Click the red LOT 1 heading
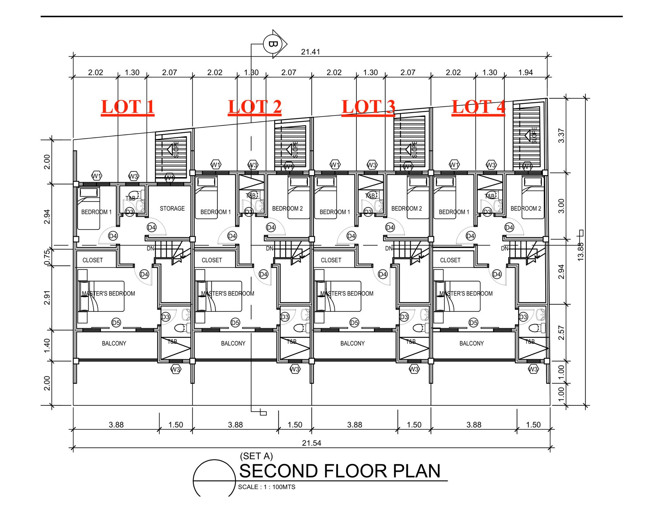[128, 107]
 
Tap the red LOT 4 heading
[478, 107]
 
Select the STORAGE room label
[172, 208]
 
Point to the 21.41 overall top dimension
[310, 52]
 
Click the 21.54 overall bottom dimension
[311, 443]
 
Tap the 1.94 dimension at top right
[525, 72]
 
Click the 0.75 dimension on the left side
[47, 257]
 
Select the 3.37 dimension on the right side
[561, 136]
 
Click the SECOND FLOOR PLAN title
[340, 471]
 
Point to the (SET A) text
[256, 456]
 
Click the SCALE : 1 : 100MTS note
[267, 487]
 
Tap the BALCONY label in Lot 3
[352, 343]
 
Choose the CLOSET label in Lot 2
[212, 260]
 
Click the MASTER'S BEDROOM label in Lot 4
[466, 294]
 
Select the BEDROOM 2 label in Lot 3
[407, 208]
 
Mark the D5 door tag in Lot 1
[116, 322]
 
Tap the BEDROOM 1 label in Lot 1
[96, 212]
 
